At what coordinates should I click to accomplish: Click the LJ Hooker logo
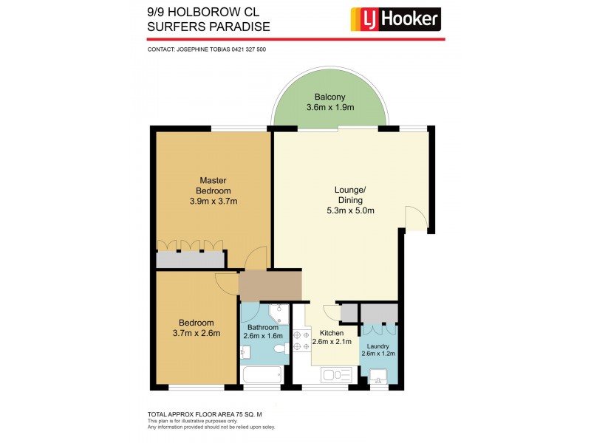[394, 18]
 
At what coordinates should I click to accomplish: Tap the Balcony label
[329, 97]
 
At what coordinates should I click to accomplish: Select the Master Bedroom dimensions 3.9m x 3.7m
[213, 201]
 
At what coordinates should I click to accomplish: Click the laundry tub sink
[378, 377]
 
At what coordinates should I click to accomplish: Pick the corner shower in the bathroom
[278, 313]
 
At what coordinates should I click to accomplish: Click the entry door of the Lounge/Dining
[415, 219]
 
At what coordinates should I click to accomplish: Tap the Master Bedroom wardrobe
[191, 258]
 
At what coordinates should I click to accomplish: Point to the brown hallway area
[270, 286]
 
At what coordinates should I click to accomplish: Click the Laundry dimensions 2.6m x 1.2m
[378, 354]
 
